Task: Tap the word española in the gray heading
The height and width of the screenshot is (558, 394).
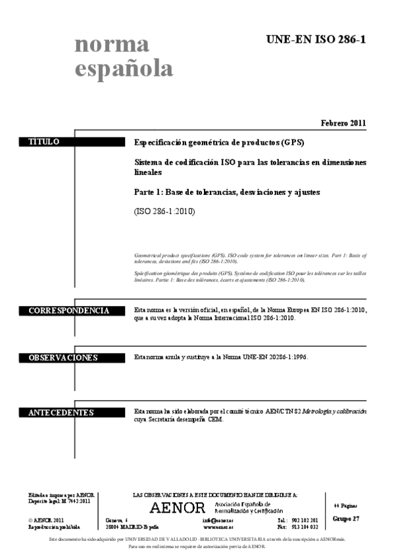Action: pos(124,68)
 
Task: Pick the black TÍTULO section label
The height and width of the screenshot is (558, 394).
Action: pos(44,142)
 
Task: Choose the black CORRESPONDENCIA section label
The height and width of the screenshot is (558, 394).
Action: pos(68,311)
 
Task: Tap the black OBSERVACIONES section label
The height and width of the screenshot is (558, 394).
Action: pos(62,358)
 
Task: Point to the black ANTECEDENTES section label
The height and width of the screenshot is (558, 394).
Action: pos(61,413)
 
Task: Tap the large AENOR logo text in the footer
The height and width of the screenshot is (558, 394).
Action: pos(178,507)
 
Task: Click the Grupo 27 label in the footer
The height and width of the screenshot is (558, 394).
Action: pos(346,519)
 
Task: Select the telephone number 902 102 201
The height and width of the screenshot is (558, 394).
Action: pos(305,520)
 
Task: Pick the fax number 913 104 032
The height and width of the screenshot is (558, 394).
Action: pos(305,527)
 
